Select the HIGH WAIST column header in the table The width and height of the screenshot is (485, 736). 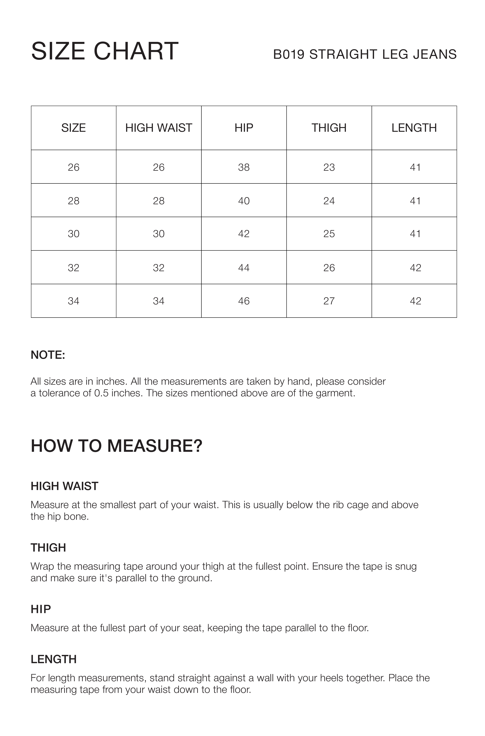(159, 128)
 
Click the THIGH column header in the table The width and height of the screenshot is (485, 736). (329, 128)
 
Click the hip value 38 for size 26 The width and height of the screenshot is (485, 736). (244, 167)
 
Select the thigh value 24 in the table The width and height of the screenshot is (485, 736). (329, 201)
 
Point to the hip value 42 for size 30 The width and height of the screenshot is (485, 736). (244, 234)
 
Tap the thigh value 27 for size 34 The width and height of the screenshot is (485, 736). (329, 301)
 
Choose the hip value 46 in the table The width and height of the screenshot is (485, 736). (244, 301)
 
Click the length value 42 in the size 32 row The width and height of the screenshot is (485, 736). (415, 268)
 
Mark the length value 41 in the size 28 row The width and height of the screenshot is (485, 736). (415, 201)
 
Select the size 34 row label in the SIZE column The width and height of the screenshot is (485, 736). (74, 301)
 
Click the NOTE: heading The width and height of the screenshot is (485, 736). (48, 355)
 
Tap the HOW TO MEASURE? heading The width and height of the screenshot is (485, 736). (116, 446)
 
